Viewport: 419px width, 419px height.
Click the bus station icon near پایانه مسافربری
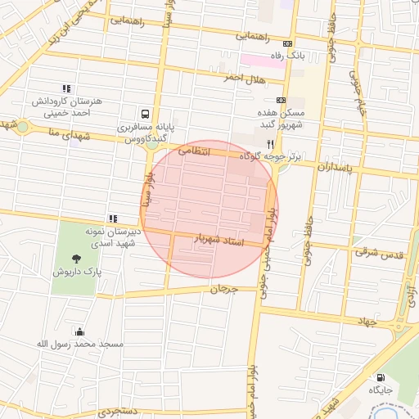tap(145, 115)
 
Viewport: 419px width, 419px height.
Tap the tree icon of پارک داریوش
tap(77, 258)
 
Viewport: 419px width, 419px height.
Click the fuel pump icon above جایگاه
tap(380, 377)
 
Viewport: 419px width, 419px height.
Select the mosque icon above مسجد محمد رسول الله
tap(79, 331)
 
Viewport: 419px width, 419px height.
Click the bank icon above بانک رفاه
tap(286, 43)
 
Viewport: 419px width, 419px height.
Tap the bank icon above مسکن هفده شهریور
tap(280, 99)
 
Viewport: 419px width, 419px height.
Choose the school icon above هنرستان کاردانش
tap(66, 88)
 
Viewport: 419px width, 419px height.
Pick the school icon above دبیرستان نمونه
tap(112, 219)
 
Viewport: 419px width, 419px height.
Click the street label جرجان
tap(222, 290)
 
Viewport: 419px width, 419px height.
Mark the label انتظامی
tap(194, 151)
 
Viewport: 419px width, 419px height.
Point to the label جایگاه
tap(381, 390)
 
